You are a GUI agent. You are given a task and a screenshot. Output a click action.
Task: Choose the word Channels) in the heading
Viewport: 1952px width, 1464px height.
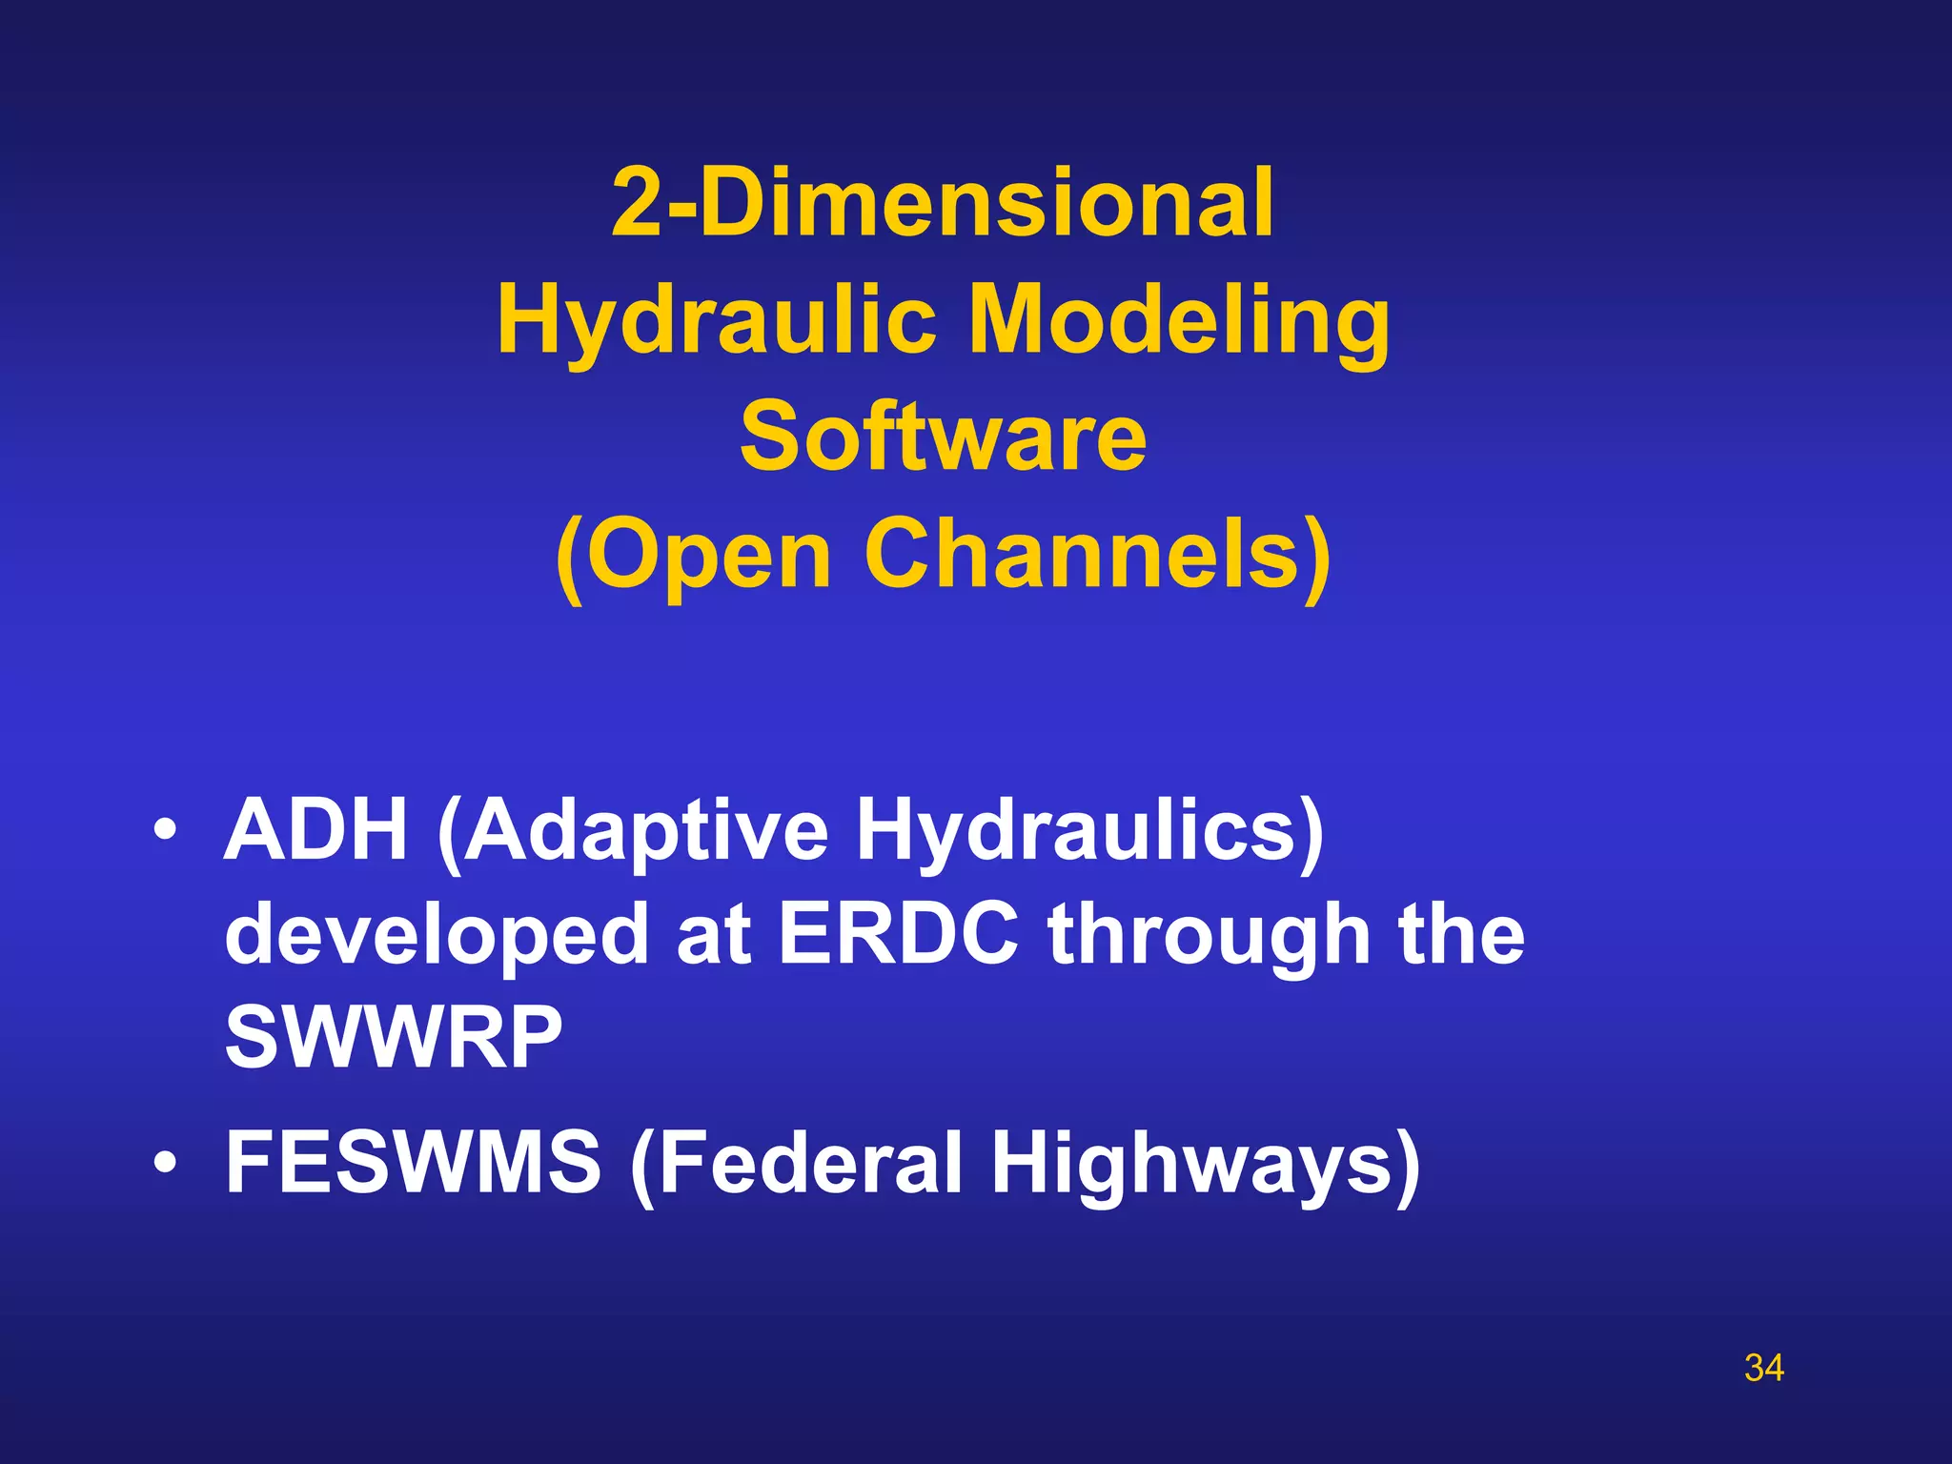tap(1097, 555)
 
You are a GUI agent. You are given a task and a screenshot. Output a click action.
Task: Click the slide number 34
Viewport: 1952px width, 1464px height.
tap(1763, 1368)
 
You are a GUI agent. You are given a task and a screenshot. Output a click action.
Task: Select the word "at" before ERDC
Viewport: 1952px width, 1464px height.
tap(714, 934)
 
